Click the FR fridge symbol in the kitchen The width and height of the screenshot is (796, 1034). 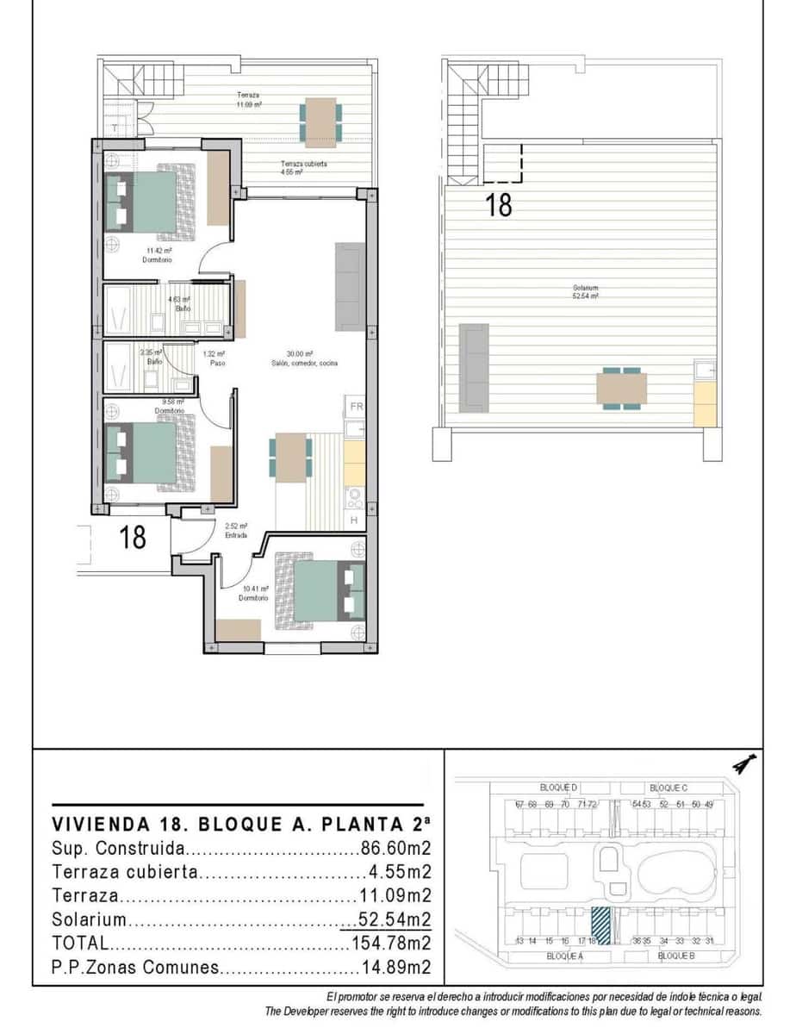tap(355, 406)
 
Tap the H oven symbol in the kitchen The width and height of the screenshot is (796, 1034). tap(353, 520)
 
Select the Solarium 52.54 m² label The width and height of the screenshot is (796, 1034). tap(585, 291)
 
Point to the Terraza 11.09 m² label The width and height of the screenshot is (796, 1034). tap(250, 99)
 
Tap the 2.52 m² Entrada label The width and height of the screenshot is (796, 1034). tap(236, 530)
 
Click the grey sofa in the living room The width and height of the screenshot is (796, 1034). tap(349, 286)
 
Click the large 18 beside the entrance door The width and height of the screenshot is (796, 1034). tap(133, 537)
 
